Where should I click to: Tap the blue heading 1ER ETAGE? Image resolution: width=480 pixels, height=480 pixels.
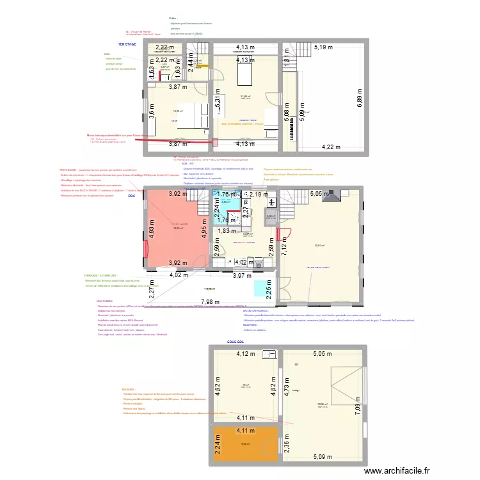(127, 45)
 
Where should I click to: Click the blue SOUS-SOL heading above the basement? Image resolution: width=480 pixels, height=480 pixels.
(236, 342)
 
